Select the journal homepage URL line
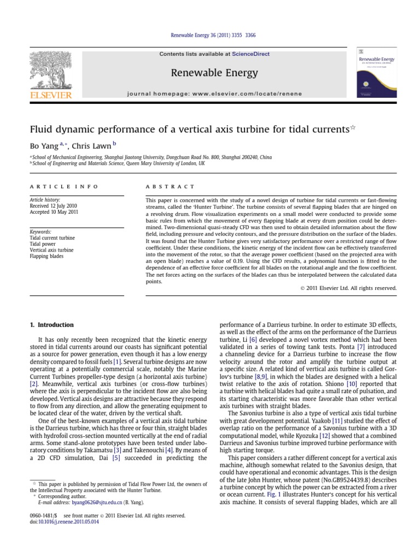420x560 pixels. click(214, 94)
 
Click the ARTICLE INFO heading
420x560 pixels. click(64, 186)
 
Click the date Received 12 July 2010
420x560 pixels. click(54, 206)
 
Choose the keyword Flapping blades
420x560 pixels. click(46, 256)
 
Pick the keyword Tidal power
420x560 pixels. click(43, 244)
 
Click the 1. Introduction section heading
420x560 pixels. click(51, 325)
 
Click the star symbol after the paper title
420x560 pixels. click(353, 127)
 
